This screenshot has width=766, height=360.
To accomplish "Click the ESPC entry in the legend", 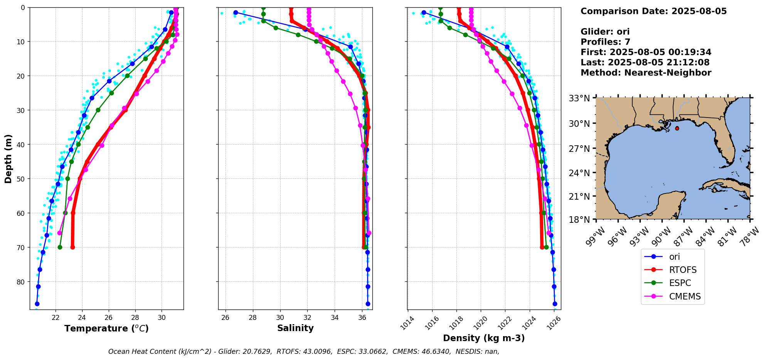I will pos(680,283).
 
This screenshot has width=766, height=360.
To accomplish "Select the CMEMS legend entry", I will pos(685,296).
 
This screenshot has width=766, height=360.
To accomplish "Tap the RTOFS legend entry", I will pos(682,270).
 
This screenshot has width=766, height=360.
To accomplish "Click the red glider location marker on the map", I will pos(677,128).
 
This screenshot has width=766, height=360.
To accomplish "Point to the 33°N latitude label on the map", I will pos(579,98).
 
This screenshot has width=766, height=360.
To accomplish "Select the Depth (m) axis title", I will pos(8,158).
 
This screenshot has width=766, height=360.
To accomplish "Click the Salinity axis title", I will pos(295,328).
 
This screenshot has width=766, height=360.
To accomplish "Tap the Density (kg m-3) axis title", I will pos(484,338).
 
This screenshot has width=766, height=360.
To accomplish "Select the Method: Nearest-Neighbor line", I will pos(646,72).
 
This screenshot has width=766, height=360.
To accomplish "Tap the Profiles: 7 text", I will pos(605,42).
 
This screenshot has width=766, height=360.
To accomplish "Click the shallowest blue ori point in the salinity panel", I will pos(236,12).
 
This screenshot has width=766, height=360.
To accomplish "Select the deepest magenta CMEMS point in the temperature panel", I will pos(59,233).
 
